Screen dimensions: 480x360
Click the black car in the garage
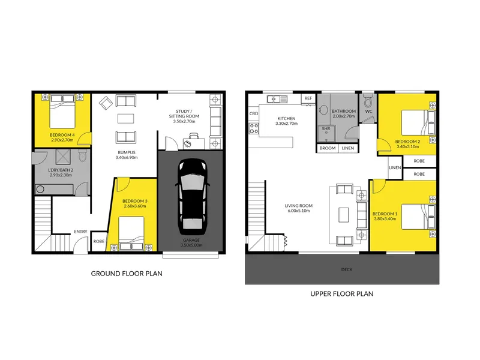[x=192, y=196]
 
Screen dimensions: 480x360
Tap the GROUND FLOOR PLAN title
[x=127, y=274]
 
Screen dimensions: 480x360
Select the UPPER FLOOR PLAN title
[x=341, y=294]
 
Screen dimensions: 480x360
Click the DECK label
[x=347, y=269]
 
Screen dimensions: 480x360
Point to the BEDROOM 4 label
[x=62, y=135]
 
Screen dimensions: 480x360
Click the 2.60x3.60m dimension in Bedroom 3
[x=135, y=206]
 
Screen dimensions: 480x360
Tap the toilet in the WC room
[x=368, y=100]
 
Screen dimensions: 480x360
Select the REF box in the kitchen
[x=308, y=98]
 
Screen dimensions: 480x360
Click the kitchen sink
[x=277, y=99]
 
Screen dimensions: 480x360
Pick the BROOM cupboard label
[x=328, y=148]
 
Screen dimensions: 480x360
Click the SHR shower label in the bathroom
[x=326, y=129]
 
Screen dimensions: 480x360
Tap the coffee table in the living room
[x=343, y=215]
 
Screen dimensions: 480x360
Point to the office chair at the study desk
[x=193, y=136]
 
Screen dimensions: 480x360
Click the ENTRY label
[x=80, y=232]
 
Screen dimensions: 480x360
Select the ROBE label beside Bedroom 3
[x=98, y=242]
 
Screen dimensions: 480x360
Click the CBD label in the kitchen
[x=254, y=113]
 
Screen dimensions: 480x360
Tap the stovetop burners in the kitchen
[x=254, y=128]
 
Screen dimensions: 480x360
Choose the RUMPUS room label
[x=127, y=152]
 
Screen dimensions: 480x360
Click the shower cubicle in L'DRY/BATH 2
[x=63, y=157]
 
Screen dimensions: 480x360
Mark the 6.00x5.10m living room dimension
[x=298, y=211]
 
